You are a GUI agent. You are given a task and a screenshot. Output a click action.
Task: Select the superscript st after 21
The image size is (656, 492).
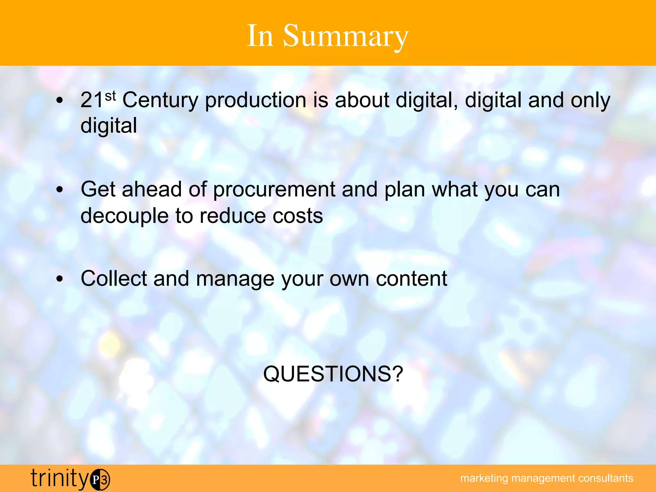[x=110, y=95]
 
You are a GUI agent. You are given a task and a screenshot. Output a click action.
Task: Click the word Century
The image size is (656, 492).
[x=160, y=101]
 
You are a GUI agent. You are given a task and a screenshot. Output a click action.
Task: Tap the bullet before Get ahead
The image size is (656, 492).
[x=60, y=190]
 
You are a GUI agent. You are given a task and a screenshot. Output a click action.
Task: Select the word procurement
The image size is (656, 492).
[x=274, y=190]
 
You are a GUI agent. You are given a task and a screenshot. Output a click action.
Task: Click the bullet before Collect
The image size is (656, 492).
[x=60, y=279]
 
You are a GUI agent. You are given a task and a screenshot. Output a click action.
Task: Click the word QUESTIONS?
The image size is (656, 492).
[x=333, y=374]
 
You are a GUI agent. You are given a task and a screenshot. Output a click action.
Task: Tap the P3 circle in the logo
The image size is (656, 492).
[x=100, y=480]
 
